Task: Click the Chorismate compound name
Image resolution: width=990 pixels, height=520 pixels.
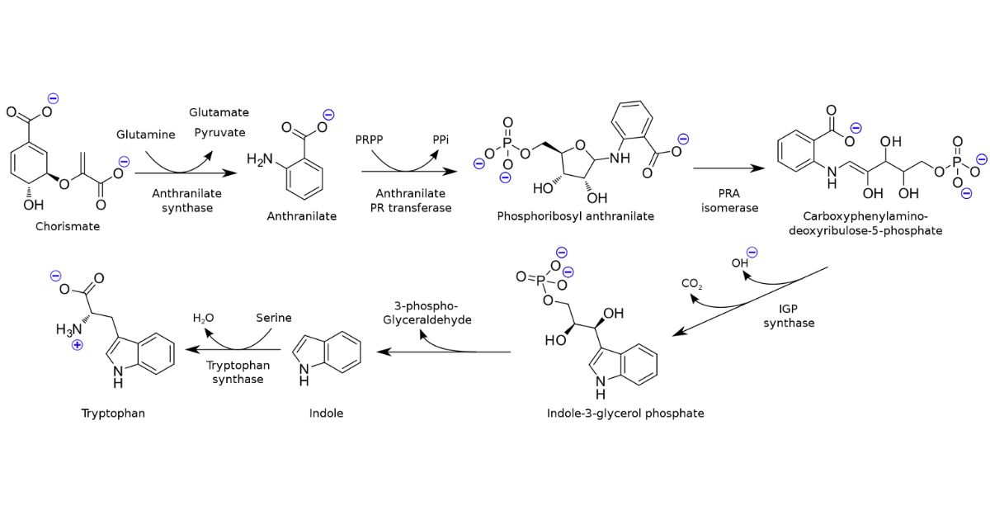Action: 68,226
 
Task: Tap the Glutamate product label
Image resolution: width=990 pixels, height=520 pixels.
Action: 219,112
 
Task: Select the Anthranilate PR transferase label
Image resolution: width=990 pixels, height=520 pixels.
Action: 411,200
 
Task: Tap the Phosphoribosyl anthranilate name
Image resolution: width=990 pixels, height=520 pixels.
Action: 575,216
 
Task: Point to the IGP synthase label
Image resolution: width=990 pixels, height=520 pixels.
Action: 788,315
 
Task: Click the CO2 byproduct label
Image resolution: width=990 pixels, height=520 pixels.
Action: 691,285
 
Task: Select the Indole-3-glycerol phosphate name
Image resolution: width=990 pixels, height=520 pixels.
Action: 625,413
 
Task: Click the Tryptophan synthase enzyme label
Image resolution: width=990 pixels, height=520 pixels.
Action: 237,371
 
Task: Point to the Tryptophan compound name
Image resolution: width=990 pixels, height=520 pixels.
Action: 113,413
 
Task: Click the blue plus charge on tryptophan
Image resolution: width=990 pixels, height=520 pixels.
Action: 77,345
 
